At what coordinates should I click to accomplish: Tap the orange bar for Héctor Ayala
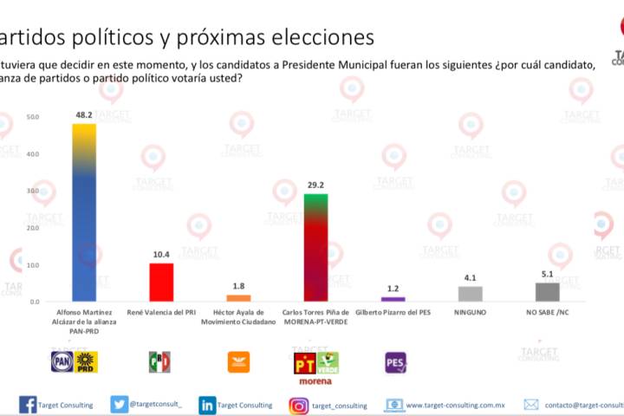238,297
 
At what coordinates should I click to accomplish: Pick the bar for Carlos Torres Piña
315,248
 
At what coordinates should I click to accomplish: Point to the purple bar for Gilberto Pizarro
393,298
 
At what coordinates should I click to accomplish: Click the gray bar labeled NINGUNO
470,294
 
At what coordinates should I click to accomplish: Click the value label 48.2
84,114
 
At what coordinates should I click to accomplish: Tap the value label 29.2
315,185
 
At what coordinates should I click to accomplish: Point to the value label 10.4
161,254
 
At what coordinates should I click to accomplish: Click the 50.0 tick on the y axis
32,117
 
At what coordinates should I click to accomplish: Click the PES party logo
395,362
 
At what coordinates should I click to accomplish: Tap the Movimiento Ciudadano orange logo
238,361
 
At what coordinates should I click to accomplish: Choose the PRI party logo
160,361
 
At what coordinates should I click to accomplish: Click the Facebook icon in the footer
28,405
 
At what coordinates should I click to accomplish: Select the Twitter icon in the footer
120,405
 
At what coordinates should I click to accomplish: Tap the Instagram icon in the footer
299,405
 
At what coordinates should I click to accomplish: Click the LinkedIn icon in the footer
207,405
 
